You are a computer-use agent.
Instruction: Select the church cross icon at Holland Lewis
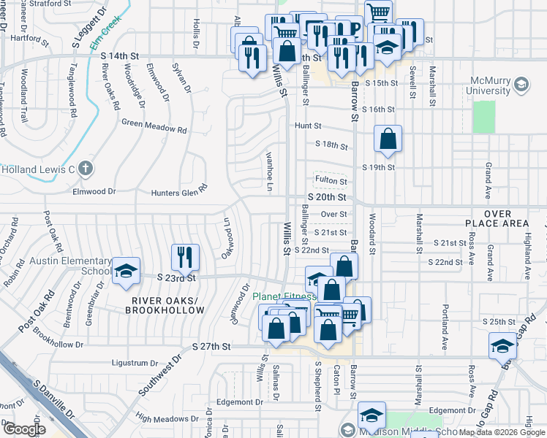(86, 169)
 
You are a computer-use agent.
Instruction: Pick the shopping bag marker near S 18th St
(388, 138)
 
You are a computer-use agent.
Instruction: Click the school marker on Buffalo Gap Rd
(502, 346)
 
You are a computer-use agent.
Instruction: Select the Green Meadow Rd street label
(154, 126)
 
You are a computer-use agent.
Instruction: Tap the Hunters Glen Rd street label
(179, 193)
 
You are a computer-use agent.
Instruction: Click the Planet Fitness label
(284, 296)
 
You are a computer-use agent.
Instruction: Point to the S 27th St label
(211, 346)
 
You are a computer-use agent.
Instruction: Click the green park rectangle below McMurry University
(483, 117)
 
